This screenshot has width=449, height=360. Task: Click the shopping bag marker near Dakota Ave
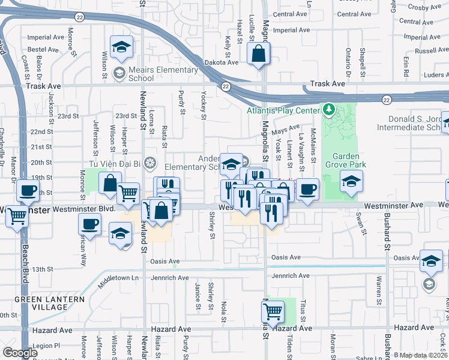(258, 53)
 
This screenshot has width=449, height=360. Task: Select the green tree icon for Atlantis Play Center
(328, 110)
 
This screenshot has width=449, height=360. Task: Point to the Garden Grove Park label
(346, 158)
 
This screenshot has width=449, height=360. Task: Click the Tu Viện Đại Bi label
(117, 163)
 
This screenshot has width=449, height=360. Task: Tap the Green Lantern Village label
(41, 303)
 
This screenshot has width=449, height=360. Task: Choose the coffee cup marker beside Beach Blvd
(28, 191)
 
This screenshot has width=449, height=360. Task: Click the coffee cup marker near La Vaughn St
(307, 188)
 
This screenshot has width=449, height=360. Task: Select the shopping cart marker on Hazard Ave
(273, 311)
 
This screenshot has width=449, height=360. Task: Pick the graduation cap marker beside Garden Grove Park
(351, 181)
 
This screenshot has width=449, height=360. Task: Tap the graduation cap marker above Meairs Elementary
(121, 47)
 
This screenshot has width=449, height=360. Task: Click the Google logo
(20, 353)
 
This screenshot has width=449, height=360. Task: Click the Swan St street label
(360, 223)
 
